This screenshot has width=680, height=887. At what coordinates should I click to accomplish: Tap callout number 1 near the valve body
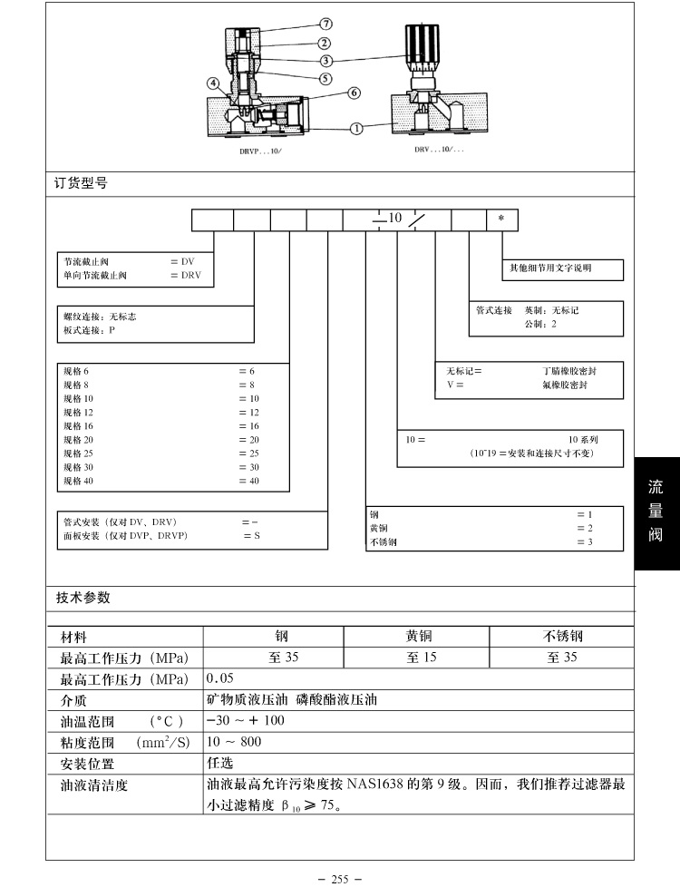tap(356, 128)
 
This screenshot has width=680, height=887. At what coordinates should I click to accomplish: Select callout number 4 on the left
tap(213, 83)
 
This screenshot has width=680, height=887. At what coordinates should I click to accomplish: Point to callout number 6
tap(354, 93)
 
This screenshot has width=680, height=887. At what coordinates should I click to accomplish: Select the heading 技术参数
tap(83, 598)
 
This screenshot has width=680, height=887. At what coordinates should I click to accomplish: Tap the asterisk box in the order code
tap(502, 219)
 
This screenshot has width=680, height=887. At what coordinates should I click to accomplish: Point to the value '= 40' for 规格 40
tap(248, 481)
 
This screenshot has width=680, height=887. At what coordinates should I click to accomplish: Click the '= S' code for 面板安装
tap(251, 536)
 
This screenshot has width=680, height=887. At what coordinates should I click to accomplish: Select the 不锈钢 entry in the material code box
tap(384, 542)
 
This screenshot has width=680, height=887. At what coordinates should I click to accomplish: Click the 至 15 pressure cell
tap(421, 657)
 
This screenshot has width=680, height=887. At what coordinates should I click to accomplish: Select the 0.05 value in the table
tap(220, 678)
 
